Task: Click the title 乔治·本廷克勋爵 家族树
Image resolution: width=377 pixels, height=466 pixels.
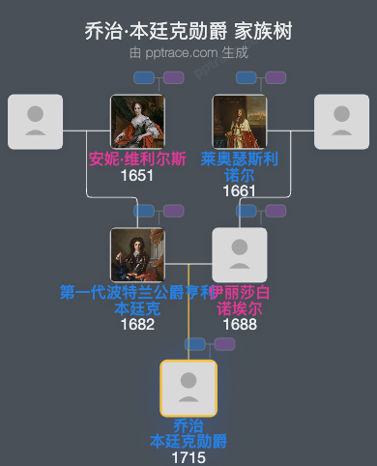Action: coord(188,32)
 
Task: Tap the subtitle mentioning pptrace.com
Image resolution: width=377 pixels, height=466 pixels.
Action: coord(188,52)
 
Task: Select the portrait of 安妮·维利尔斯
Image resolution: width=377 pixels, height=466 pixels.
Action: coord(137,122)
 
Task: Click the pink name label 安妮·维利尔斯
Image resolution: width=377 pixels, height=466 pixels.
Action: coord(137,160)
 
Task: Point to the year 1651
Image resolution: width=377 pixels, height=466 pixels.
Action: coord(137,176)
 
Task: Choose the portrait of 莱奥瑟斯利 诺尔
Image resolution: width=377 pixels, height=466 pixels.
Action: coord(240,122)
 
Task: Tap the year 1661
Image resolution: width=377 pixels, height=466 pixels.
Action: coord(240,190)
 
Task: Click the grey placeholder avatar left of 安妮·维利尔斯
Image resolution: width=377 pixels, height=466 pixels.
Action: coord(35,122)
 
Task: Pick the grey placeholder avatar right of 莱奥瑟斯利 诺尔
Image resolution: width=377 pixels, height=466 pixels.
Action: coord(342,122)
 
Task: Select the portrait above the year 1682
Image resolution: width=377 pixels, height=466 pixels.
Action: coord(137,255)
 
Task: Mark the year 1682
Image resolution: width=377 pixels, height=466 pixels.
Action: coord(137,324)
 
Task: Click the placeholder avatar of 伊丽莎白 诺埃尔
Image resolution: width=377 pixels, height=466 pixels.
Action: coord(240,255)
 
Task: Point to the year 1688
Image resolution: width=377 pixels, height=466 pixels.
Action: coord(240,324)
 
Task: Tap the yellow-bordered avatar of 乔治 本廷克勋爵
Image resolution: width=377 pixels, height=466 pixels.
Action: coord(188,388)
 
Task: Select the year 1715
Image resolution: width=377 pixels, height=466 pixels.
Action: coord(188,456)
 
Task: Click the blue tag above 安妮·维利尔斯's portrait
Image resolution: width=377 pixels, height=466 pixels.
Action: coord(144,77)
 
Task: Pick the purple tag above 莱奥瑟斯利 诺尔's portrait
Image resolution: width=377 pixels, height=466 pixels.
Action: coord(275,77)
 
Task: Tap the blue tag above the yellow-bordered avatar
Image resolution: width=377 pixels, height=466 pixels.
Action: coord(195,343)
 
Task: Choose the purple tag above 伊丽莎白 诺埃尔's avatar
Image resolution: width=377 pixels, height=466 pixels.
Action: coord(275,211)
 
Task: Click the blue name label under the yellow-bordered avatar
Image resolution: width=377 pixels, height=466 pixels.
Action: coord(188,433)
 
